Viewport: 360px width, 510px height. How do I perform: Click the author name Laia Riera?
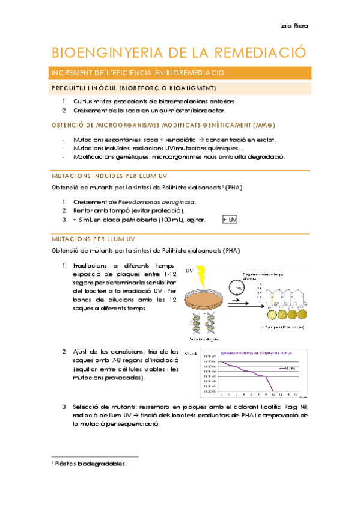tap(294, 26)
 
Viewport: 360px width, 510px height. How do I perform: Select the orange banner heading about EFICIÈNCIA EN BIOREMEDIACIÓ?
tap(138, 73)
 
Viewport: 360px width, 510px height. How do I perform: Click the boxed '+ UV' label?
tap(230, 220)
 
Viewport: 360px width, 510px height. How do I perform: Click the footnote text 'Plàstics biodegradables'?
tap(90, 464)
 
